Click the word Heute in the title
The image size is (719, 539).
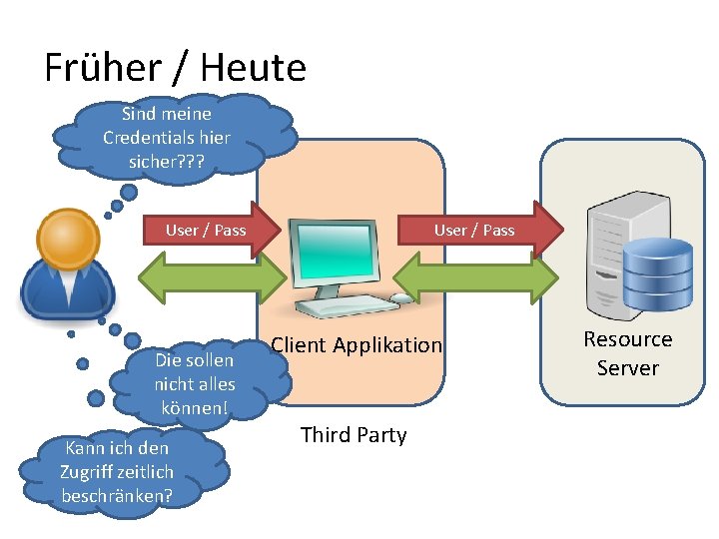[253, 68]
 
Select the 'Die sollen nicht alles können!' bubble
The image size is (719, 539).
[194, 384]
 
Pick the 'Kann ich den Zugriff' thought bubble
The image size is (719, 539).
[117, 471]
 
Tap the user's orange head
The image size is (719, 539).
[68, 240]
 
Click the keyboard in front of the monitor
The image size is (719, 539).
[345, 306]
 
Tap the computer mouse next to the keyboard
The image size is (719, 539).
[401, 297]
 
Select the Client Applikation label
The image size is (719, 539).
[357, 345]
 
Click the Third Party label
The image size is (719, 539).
[354, 435]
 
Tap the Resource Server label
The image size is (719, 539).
[628, 353]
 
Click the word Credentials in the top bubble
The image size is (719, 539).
[167, 138]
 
